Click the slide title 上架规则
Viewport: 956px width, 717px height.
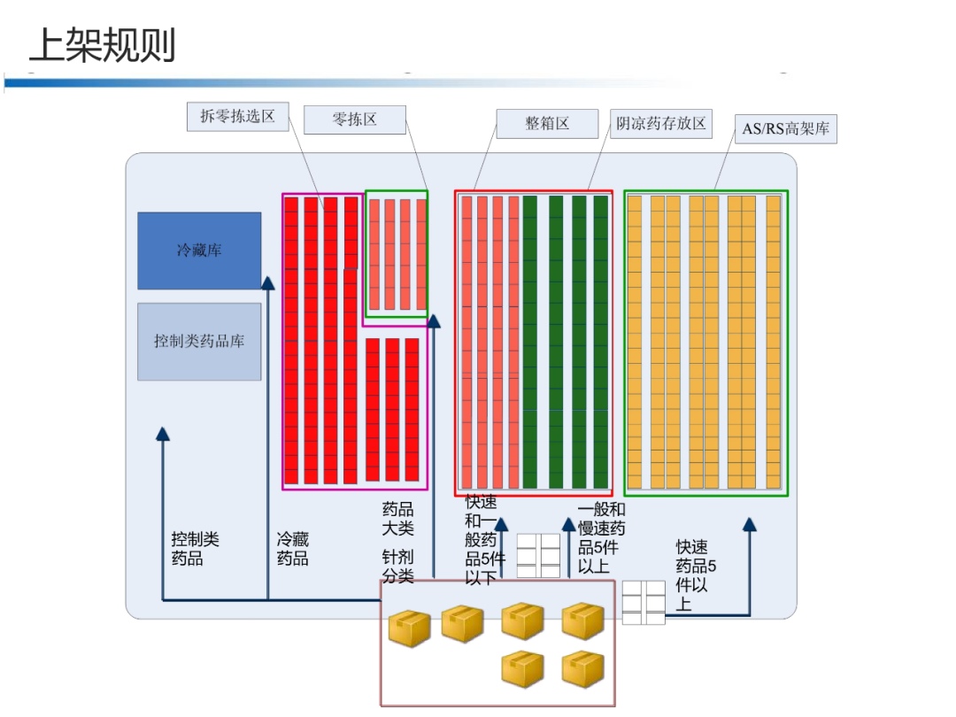(102, 44)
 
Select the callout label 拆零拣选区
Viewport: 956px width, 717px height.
(237, 117)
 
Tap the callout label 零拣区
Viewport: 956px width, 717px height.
(354, 119)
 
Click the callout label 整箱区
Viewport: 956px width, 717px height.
(546, 124)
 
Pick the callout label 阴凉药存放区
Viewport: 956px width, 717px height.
(661, 124)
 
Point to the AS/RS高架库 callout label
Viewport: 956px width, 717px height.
(785, 129)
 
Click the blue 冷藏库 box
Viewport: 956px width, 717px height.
(199, 251)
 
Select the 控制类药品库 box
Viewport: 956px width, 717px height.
(199, 341)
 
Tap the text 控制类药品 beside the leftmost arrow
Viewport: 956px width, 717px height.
(195, 549)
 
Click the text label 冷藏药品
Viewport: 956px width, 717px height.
(293, 549)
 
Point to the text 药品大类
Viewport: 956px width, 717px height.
(397, 519)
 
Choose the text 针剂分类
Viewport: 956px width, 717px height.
(397, 567)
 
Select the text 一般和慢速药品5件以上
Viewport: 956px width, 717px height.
(601, 537)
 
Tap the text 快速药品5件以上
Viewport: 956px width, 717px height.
(696, 575)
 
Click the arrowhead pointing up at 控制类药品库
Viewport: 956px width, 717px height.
(163, 433)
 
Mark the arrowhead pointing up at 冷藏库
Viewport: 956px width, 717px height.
(267, 282)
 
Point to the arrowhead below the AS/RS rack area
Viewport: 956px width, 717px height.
(749, 524)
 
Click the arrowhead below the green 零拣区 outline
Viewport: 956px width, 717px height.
(434, 320)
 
